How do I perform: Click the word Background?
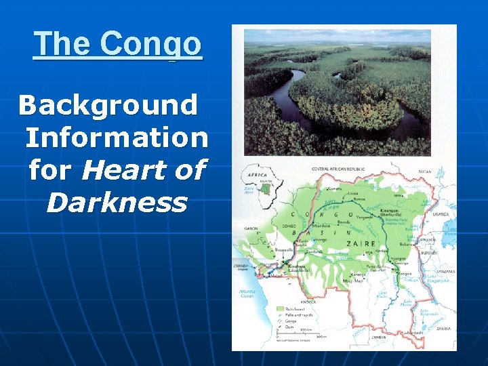click(x=108, y=105)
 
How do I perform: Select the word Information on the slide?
click(x=117, y=138)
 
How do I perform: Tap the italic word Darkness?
click(x=116, y=202)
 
